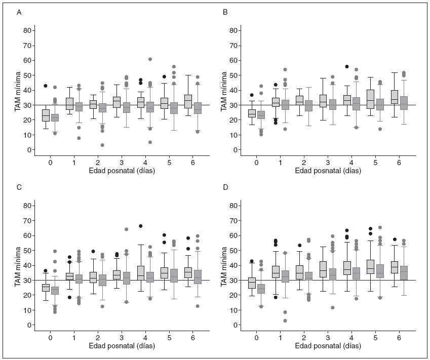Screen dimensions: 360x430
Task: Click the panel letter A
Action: [19, 12]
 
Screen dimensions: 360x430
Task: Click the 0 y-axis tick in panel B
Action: [237, 150]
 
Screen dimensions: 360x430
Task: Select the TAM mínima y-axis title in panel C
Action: [17, 266]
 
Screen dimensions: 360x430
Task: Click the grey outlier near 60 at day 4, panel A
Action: [150, 59]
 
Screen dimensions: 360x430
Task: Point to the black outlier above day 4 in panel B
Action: [347, 66]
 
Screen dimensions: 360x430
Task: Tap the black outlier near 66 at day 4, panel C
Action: [140, 226]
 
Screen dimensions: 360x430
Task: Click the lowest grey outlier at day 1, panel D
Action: [286, 321]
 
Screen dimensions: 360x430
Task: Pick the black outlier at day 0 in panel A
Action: [45, 86]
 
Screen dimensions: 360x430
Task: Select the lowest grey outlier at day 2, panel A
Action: [102, 145]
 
